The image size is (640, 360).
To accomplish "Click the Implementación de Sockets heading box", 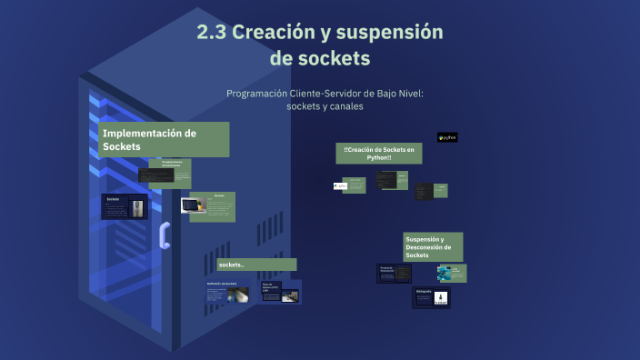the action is (164, 139).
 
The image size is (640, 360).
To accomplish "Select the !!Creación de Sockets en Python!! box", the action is (378, 153).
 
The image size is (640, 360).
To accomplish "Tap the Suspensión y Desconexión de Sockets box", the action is (433, 246).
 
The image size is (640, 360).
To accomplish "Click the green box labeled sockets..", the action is (256, 265).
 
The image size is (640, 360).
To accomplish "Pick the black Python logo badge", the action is (446, 137).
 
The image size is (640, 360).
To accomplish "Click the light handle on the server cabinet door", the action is (165, 235).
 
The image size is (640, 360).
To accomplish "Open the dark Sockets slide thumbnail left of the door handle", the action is (125, 206).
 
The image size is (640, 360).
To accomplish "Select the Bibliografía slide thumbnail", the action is (431, 297).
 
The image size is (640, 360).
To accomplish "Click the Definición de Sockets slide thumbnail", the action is (228, 294).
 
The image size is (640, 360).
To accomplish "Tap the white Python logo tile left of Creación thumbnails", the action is (340, 185).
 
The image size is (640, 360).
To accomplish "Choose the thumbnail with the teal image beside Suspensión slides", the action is (451, 273).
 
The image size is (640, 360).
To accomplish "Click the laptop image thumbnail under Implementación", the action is (194, 206).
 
